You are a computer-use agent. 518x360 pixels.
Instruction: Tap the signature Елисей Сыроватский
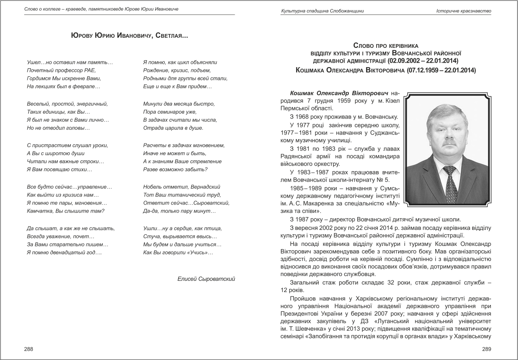(206, 279)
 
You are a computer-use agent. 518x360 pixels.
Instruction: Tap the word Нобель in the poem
(152, 187)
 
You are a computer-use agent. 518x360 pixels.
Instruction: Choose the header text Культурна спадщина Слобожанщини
(322, 11)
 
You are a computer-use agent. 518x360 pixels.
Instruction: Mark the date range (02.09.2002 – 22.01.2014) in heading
(423, 61)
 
